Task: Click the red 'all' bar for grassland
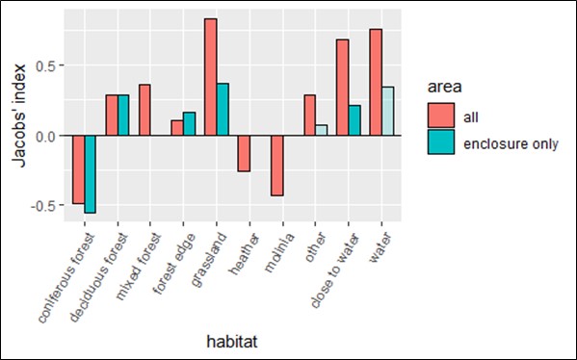210,77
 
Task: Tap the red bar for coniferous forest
79,169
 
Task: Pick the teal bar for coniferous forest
91,174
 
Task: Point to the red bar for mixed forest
144,110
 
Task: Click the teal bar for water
386,112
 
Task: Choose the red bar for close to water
341,88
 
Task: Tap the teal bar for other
321,130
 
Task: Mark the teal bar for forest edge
190,124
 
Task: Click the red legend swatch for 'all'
442,116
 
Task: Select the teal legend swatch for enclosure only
442,142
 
